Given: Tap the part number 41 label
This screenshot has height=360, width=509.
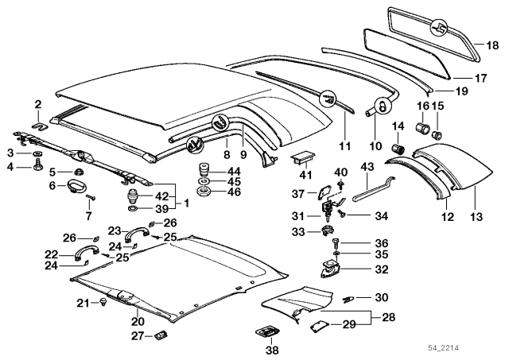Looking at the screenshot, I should tap(305, 174).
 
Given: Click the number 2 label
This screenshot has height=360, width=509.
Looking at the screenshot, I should tap(37, 104).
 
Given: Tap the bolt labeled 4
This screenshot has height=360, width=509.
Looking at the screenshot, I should tap(37, 167).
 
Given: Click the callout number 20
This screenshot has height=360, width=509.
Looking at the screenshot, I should tap(138, 322).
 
